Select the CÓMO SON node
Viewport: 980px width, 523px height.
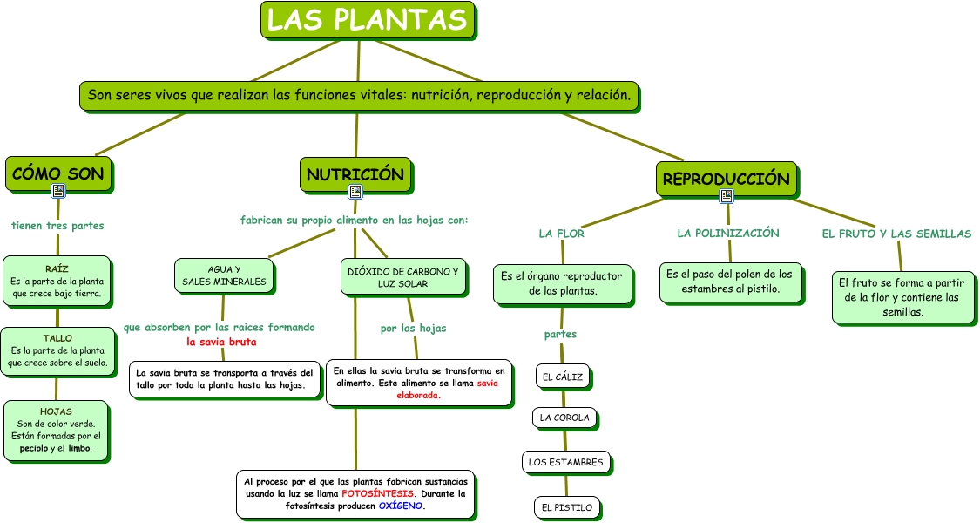(58, 173)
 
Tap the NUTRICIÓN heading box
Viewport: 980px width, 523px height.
(355, 174)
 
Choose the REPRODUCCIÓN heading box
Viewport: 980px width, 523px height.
(726, 179)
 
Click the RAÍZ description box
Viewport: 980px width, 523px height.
(57, 282)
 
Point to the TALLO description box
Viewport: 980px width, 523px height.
(57, 350)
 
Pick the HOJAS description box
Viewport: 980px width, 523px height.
(57, 431)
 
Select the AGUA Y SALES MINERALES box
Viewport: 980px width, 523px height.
(225, 275)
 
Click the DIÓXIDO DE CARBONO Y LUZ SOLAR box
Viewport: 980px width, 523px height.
(402, 277)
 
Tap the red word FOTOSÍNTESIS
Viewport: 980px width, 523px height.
(378, 493)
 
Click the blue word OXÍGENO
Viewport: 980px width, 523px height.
(401, 506)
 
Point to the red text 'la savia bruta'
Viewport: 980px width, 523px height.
(221, 342)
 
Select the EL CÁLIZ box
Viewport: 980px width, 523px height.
(562, 377)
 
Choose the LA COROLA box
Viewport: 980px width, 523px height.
(564, 418)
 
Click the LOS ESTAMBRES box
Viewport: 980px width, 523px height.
(565, 462)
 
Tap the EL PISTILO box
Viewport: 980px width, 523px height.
(566, 507)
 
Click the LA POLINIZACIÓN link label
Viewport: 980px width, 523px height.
(727, 234)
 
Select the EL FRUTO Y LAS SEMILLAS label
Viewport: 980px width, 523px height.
(896, 234)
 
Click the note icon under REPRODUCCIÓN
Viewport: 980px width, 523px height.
(727, 196)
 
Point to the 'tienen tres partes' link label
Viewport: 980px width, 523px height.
(57, 226)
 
